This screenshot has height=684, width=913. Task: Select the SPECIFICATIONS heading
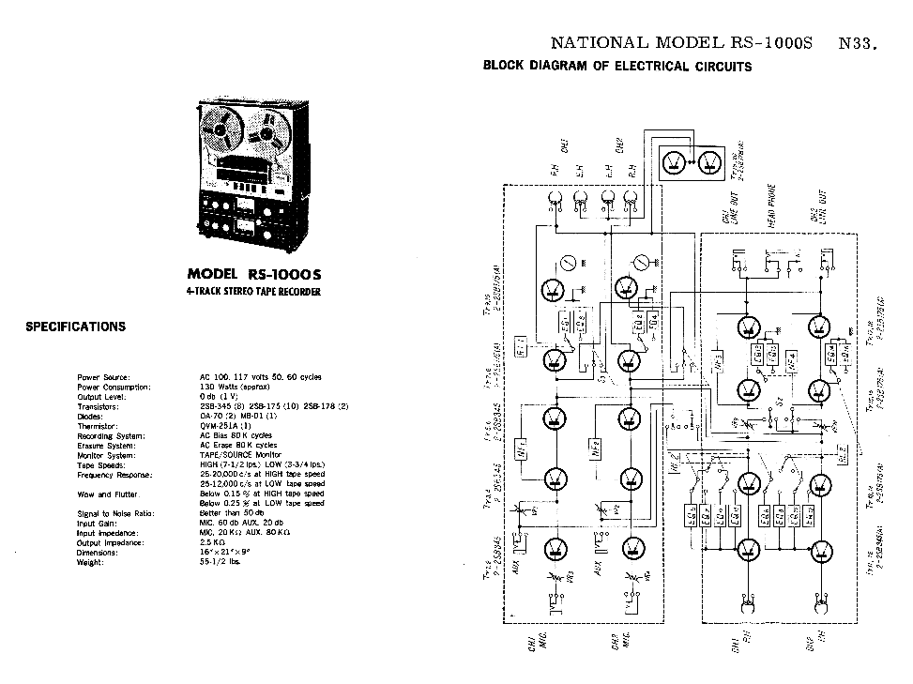click(75, 327)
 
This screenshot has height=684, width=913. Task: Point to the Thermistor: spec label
click(98, 426)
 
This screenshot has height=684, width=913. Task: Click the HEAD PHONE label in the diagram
click(771, 206)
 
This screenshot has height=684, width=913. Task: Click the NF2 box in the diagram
click(595, 449)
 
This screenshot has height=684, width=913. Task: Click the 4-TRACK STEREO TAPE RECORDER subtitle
click(253, 292)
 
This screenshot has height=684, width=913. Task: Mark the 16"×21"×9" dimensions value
click(226, 553)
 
